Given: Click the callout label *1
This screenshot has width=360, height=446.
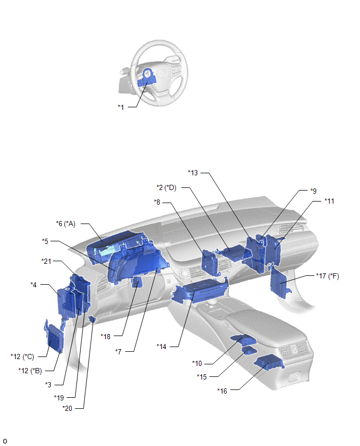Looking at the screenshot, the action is (121, 107).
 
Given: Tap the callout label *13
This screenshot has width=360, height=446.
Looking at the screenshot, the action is (193, 173).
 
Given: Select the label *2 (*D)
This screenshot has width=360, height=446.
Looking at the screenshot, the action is (166, 188).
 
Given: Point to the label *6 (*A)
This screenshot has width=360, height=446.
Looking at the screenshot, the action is (66, 224).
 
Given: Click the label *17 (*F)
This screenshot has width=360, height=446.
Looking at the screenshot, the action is (328, 276).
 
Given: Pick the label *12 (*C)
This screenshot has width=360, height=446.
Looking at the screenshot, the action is (22, 356).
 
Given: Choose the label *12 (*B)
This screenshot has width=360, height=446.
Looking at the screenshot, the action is (30, 371).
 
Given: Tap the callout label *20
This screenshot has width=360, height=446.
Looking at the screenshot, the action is (67, 408).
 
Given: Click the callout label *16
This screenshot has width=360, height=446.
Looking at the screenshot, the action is (222, 391).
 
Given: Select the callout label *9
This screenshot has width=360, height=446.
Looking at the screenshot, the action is (313, 191).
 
